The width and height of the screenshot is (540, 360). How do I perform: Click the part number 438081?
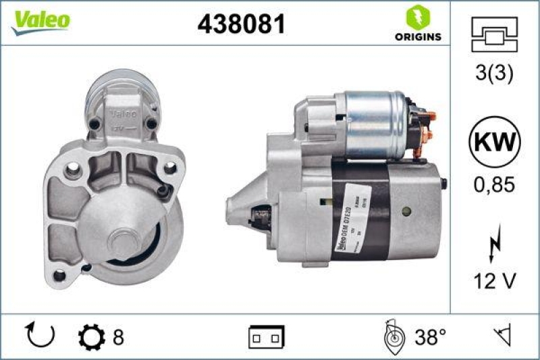(241, 24)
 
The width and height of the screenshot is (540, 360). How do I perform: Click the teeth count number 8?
(119, 336)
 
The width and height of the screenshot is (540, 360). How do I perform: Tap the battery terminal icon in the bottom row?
(267, 336)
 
